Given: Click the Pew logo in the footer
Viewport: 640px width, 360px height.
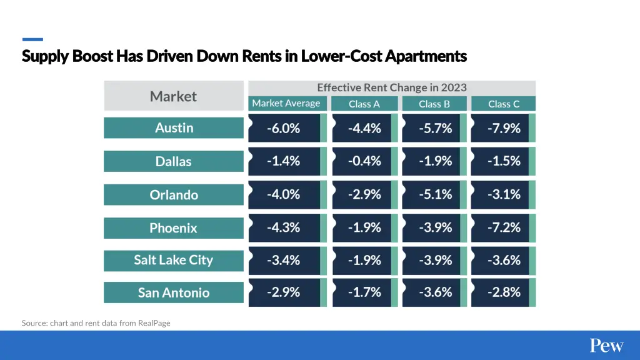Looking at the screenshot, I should [x=606, y=346].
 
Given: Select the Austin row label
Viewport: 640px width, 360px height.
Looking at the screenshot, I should [x=174, y=127].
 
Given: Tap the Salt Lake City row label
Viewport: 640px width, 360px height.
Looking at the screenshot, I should [x=174, y=260].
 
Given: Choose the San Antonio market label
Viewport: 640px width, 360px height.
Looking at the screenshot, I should [x=174, y=292].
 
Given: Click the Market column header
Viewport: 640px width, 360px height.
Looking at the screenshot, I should [x=173, y=96].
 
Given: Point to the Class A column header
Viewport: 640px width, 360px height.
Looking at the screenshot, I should [x=364, y=104].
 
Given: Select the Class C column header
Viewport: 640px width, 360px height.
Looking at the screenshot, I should [x=503, y=104].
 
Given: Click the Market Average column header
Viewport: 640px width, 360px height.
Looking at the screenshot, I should [x=286, y=104].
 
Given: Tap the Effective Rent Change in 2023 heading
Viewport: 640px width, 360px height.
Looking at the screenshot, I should [x=392, y=87].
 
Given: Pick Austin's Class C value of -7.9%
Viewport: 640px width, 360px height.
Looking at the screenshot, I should [x=503, y=128].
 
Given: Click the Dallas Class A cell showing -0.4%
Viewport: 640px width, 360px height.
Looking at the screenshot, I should [x=364, y=161].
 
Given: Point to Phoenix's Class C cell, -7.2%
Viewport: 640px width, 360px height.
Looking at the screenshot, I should [x=503, y=227].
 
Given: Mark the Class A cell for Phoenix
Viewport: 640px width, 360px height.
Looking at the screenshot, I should [x=364, y=227].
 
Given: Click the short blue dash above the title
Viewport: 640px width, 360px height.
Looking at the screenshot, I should [x=32, y=39].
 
